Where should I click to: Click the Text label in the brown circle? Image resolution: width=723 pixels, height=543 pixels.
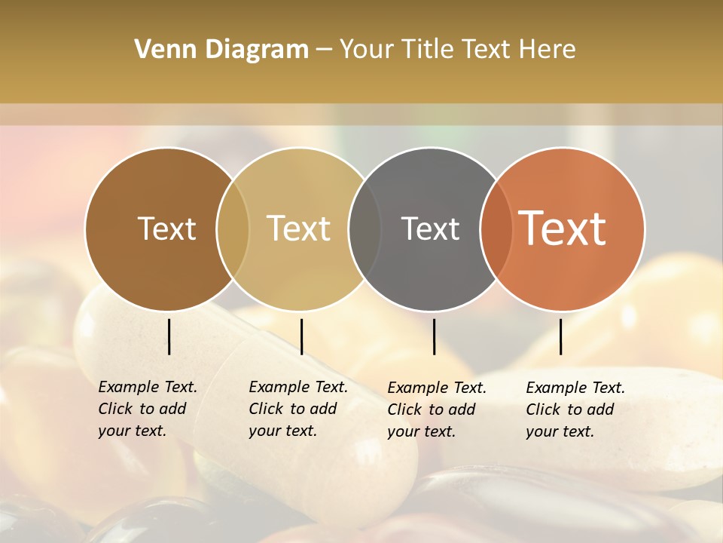tap(166, 229)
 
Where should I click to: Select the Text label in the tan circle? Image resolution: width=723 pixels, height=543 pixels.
tap(298, 229)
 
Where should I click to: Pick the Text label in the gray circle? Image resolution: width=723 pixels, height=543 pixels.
tap(430, 229)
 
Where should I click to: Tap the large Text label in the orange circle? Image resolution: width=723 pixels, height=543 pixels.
tap(562, 229)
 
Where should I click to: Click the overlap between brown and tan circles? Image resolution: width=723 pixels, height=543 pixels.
tap(233, 229)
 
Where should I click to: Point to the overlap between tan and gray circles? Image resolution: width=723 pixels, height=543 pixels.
tap(365, 229)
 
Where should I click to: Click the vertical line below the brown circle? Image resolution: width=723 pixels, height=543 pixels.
tap(169, 336)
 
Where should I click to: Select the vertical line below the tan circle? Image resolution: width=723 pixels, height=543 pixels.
tap(301, 336)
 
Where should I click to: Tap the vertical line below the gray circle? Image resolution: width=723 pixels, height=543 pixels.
tap(434, 336)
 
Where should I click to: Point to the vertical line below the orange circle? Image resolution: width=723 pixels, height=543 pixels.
tap(561, 336)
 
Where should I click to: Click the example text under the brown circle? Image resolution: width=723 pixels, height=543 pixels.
tap(147, 409)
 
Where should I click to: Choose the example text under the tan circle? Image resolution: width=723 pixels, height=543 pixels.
tap(297, 409)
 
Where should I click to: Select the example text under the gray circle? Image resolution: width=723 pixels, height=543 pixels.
tap(437, 410)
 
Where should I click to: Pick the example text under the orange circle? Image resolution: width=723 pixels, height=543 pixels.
tap(575, 410)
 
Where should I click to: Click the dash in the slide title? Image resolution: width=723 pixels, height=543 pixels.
tap(324, 50)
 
